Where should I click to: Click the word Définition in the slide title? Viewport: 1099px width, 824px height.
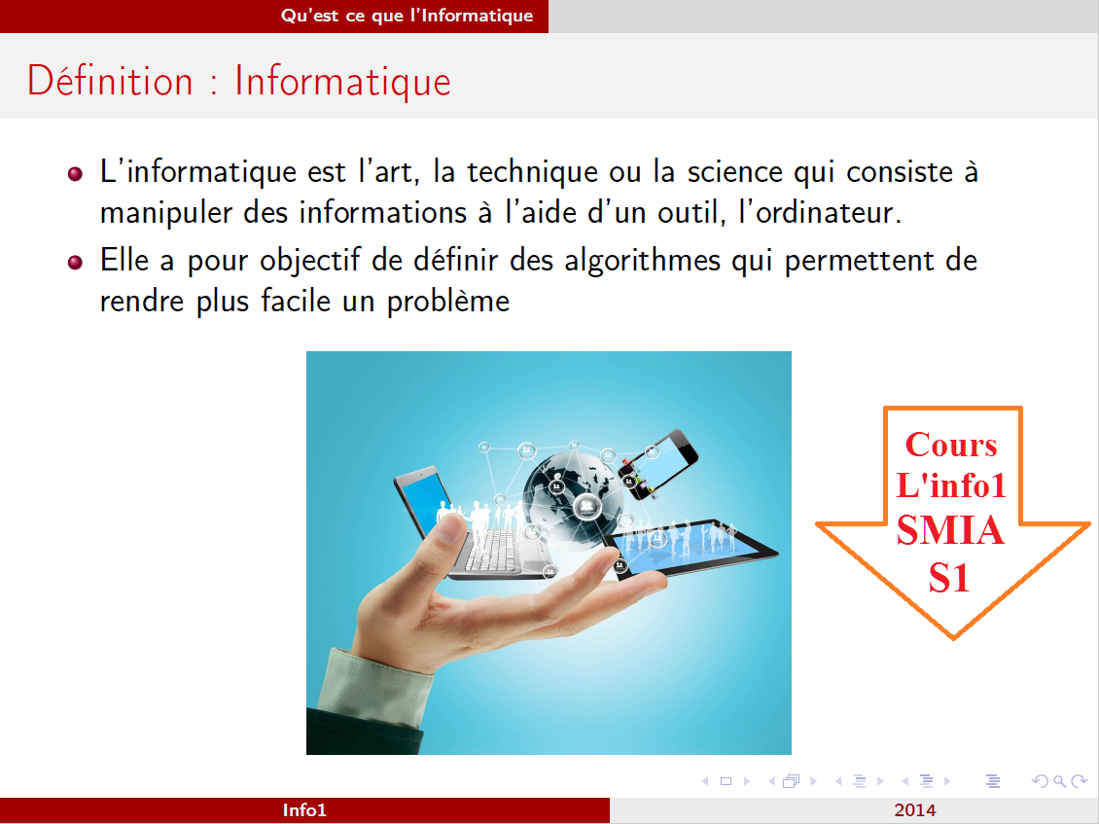(110, 81)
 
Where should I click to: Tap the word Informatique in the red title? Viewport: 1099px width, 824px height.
(342, 81)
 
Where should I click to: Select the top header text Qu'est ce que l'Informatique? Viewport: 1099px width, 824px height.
(407, 16)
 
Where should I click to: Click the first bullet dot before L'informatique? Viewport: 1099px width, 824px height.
(76, 174)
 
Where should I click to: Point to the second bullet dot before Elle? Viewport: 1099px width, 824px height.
(76, 263)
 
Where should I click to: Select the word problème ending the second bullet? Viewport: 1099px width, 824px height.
(448, 302)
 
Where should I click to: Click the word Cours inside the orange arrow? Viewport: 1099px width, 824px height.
(951, 445)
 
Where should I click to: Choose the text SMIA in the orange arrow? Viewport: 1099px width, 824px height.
(950, 531)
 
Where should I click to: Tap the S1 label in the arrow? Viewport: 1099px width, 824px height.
(949, 577)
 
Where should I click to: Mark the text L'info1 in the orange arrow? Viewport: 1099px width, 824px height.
(951, 485)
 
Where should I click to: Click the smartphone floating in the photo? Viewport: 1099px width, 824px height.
(658, 464)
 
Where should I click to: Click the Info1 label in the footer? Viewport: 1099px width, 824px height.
(304, 810)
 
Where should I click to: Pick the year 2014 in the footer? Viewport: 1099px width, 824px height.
(915, 810)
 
